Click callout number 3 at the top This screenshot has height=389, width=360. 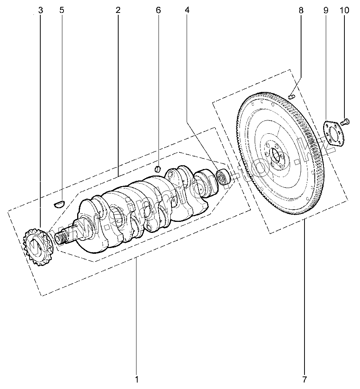pos(41,10)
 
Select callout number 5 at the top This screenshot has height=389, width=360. pos(62,10)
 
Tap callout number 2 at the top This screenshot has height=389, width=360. pos(118,10)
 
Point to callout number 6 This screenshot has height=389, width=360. pos(159,10)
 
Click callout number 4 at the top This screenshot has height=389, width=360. pos(187,10)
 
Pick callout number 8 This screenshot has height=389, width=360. pos(301,10)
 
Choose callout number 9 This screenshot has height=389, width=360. pos(326,10)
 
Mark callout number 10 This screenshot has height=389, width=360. pos(344,10)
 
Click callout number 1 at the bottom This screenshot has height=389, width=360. pos(136,379)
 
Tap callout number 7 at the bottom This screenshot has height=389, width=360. pos(304,379)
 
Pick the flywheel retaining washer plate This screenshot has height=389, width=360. pos(333,133)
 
